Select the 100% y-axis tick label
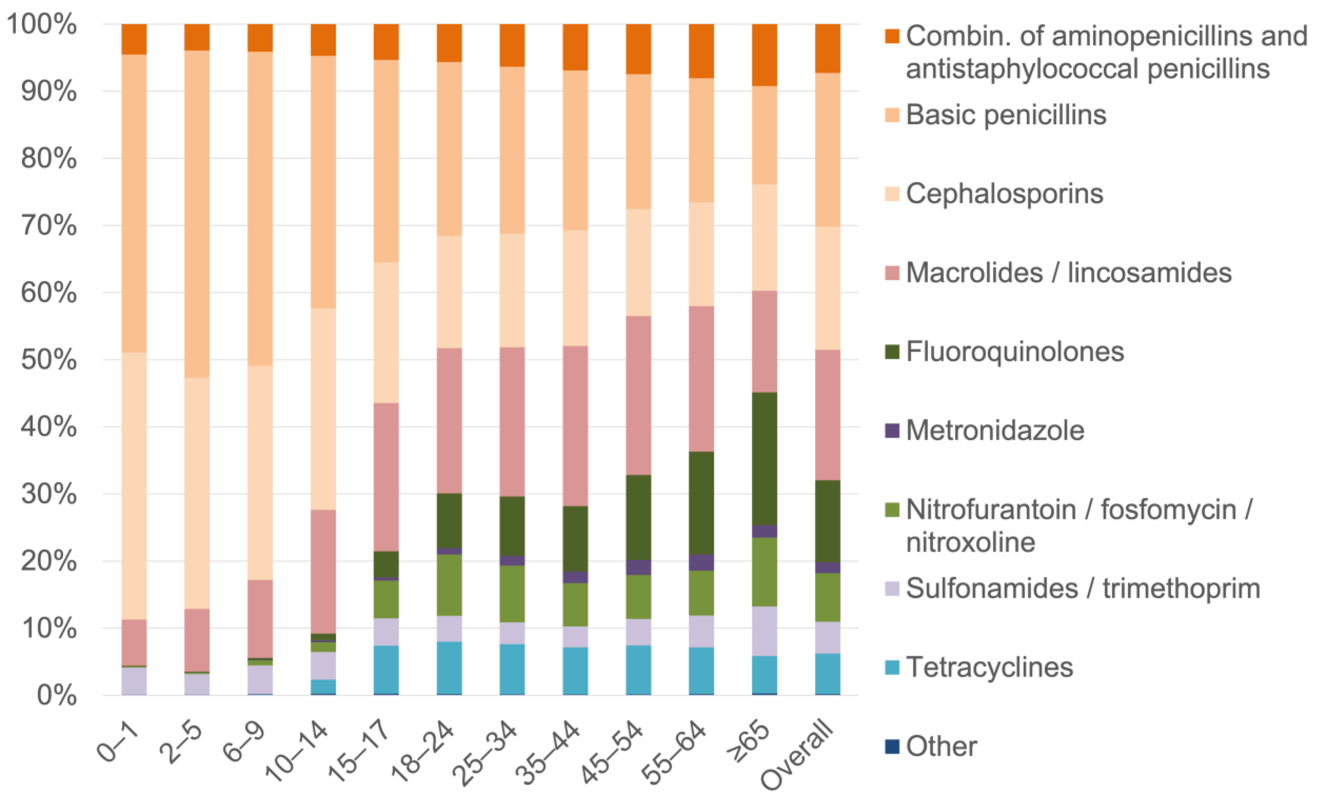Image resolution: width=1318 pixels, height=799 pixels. [42, 25]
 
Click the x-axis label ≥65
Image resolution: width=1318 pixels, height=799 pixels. [749, 741]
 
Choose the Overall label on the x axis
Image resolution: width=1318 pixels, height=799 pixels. [797, 754]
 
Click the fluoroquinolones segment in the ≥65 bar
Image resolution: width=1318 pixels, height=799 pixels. [764, 459]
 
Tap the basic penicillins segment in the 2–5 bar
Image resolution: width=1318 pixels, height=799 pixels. [197, 214]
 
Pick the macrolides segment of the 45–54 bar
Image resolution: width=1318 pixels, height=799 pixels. [638, 395]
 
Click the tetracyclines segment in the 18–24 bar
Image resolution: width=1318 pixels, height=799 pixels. [449, 667]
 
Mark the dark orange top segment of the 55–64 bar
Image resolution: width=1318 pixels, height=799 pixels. [701, 51]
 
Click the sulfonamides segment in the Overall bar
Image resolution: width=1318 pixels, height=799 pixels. [827, 637]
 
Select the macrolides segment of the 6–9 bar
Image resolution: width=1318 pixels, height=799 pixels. [260, 619]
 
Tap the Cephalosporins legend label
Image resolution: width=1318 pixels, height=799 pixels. [1004, 194]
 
